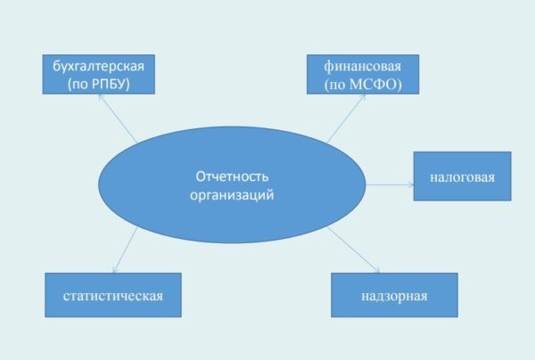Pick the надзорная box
pos(394,295)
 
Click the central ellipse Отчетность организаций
pos(232,184)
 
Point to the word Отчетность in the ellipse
pos(232,176)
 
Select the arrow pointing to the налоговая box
pos(391,185)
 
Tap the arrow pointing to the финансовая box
pos(348,116)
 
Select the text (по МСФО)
pos(350,84)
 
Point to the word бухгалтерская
pos(98,64)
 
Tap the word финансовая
pos(350,64)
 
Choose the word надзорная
pos(394,295)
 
